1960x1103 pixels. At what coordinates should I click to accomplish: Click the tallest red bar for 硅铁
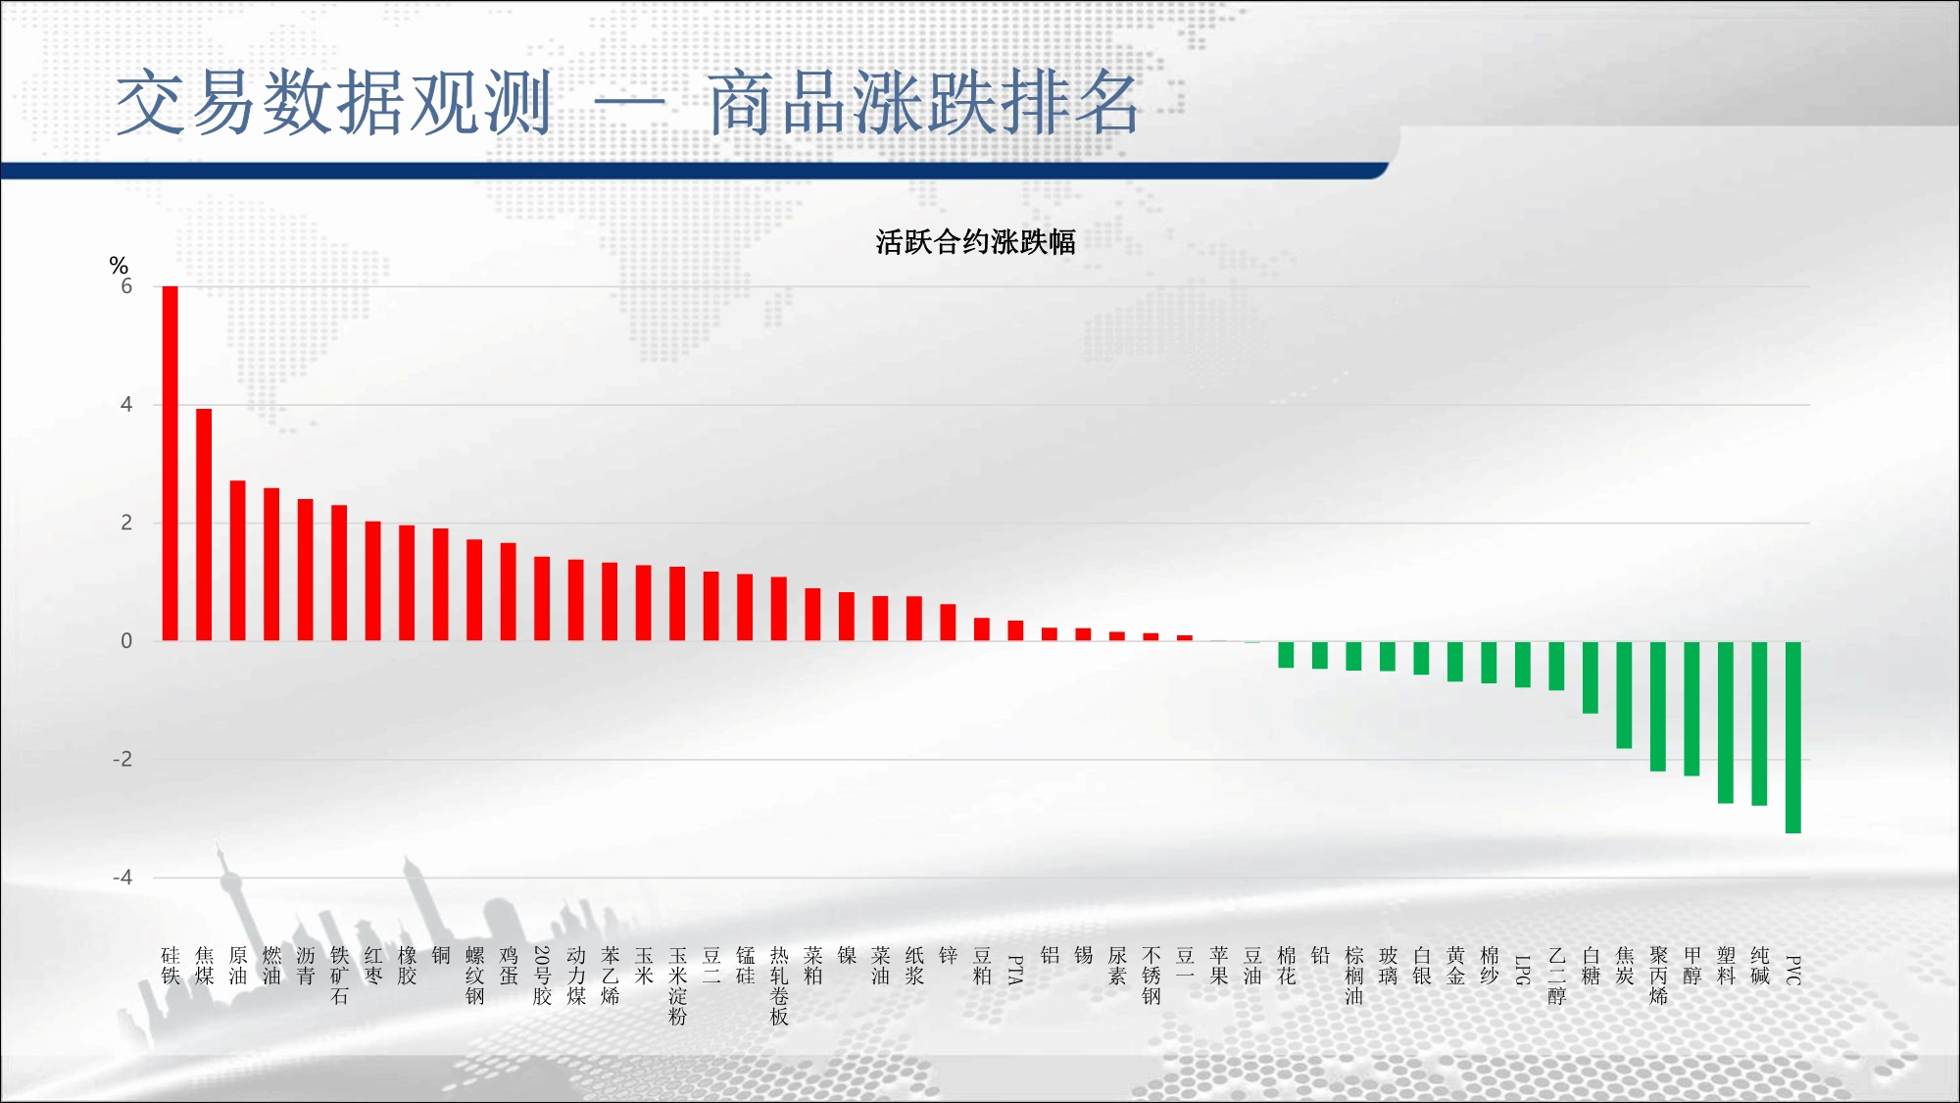pos(170,464)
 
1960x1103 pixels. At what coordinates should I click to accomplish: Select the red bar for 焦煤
pos(204,525)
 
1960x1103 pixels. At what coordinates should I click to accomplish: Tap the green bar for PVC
pos(1793,737)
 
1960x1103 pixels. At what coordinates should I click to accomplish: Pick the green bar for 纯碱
pos(1759,724)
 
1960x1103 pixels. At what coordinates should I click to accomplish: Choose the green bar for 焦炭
pos(1624,695)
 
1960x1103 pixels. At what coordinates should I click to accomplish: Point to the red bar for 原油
pos(238,561)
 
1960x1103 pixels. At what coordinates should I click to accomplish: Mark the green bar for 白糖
pos(1591,677)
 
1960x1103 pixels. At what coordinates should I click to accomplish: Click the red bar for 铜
pos(441,584)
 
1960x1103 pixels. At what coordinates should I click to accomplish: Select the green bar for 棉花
pos(1286,655)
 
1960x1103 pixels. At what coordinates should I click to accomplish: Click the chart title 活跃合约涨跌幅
pos(976,242)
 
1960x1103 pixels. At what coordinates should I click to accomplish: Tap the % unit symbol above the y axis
pos(119,266)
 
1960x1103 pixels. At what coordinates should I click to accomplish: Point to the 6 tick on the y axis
pos(126,286)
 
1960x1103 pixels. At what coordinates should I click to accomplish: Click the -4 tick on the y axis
pos(122,877)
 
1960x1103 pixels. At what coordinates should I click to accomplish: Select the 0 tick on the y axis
pos(126,641)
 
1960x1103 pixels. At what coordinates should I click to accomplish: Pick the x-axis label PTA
pos(1015,970)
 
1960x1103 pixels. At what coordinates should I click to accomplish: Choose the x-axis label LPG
pos(1523,970)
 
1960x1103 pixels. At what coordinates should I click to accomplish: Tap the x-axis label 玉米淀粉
pos(678,986)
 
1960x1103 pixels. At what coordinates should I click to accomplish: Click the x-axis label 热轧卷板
pos(779,986)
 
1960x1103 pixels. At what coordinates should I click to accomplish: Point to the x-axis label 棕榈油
pos(1354,977)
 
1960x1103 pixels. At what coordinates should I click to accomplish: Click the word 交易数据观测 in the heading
pos(334,102)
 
